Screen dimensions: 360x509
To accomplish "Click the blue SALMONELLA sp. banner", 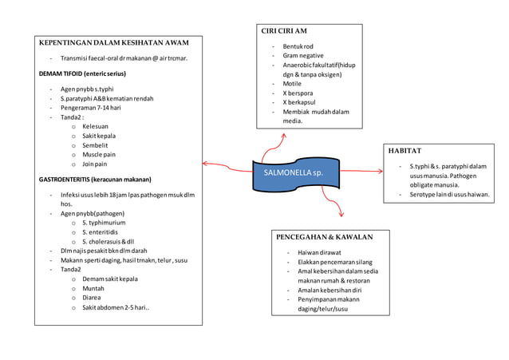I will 293,172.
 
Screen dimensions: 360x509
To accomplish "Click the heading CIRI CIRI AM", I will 284,30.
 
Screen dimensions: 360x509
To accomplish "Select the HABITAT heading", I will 405,150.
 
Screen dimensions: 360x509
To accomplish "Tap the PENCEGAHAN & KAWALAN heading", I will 324,237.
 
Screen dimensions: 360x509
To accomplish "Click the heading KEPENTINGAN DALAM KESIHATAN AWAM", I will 113,42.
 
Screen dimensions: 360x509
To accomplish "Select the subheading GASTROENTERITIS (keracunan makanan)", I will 95,180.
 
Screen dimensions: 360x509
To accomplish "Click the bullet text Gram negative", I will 303,56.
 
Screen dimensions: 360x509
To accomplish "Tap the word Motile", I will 292,84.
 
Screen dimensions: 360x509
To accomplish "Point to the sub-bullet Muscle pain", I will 99,154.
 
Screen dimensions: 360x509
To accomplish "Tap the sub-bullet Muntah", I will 94,289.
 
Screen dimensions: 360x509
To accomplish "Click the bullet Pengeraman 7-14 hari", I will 90,108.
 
